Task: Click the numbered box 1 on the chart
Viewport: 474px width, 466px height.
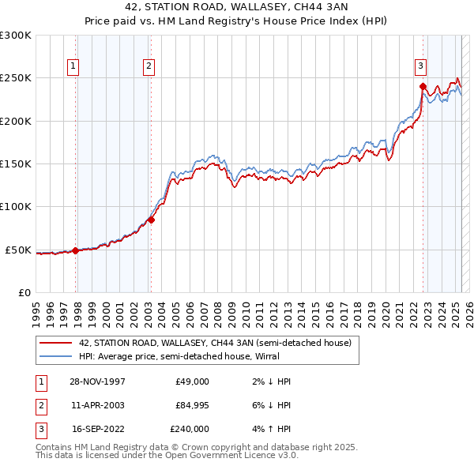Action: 73,67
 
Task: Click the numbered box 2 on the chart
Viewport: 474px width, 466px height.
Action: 149,67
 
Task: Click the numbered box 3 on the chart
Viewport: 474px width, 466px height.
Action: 421,67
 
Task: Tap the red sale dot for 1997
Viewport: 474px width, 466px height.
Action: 76,250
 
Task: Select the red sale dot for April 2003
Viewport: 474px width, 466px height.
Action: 151,220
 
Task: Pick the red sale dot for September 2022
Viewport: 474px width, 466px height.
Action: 423,87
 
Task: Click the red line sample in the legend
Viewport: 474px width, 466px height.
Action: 55,343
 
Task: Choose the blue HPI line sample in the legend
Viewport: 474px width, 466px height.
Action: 55,357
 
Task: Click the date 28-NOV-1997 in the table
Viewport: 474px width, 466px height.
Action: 98,381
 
